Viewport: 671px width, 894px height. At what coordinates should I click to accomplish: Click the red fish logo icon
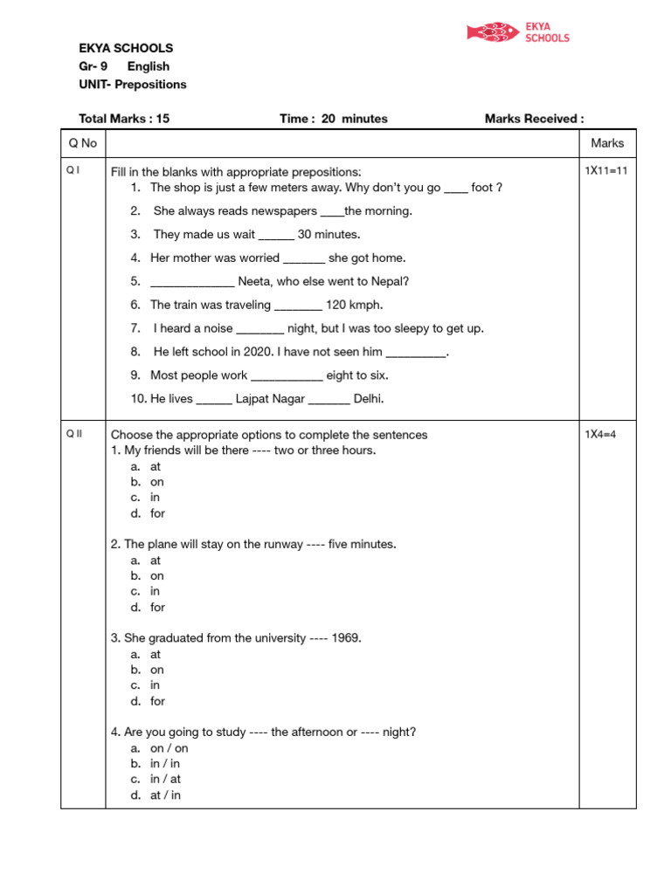(493, 33)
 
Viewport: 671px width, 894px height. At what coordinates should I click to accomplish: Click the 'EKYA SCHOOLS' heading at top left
(126, 48)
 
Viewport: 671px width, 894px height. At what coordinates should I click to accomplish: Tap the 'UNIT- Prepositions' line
(133, 85)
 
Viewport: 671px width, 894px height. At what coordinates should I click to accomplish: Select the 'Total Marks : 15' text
(124, 119)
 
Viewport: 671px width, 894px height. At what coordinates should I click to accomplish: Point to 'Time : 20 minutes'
(334, 119)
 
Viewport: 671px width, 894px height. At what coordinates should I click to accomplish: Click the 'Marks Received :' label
(534, 119)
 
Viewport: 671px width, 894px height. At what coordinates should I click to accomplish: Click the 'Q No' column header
(83, 143)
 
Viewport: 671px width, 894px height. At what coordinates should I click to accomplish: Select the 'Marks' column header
(607, 143)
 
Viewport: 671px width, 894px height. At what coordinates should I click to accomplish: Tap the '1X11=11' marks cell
(606, 171)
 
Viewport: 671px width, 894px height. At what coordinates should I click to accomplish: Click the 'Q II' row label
(74, 435)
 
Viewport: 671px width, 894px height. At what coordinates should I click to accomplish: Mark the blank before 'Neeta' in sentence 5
(192, 283)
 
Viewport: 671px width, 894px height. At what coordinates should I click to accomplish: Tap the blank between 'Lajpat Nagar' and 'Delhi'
(329, 400)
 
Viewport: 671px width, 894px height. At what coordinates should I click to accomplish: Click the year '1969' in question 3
(345, 638)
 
